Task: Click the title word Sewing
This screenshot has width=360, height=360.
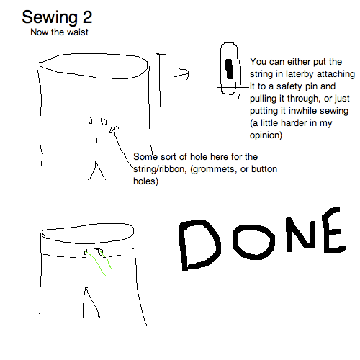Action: coord(50,18)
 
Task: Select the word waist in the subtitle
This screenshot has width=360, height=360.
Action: coord(76,32)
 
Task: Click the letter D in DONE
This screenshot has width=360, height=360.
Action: coord(199,245)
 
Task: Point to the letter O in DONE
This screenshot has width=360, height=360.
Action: coord(253,242)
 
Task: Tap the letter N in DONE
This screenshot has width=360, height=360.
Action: coord(301,235)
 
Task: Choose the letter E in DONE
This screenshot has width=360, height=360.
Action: coord(333,230)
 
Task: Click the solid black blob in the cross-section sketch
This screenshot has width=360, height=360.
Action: coord(229,69)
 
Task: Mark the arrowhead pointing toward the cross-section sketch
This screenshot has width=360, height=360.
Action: coord(185,73)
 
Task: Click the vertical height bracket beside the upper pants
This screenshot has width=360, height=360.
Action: coord(159,81)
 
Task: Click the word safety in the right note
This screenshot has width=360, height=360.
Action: coord(289,86)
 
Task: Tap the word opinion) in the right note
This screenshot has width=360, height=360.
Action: coord(266,135)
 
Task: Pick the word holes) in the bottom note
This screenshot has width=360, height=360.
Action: coord(145,181)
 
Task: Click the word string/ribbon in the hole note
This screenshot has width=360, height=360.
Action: coord(158,169)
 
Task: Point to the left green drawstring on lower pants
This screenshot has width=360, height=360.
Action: coord(96,263)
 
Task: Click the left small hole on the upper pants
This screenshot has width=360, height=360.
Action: coord(90,120)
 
